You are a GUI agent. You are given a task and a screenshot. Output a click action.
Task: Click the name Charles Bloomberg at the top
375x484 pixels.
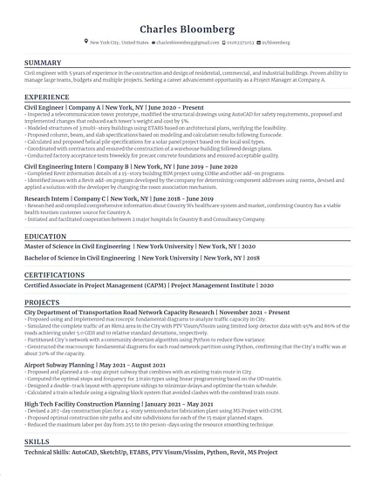187,29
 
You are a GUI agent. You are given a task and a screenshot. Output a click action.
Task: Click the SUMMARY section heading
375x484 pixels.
43,63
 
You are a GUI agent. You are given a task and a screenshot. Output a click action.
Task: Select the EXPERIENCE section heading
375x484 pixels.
47,97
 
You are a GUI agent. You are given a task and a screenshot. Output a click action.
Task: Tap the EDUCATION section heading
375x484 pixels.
45,236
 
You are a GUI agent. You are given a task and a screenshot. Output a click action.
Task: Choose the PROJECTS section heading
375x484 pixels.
42,301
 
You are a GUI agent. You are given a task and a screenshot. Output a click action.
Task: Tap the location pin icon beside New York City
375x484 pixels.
85,42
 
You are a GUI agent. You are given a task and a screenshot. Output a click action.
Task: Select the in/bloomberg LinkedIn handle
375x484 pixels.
275,42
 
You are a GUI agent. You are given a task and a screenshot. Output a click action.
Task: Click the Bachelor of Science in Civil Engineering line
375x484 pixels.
142,258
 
